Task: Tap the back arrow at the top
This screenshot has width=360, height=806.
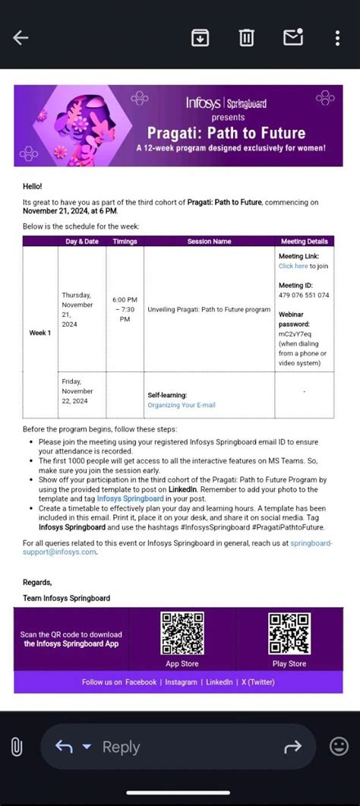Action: point(21,37)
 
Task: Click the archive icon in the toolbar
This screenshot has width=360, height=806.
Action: point(200,37)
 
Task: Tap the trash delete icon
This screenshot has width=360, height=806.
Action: point(246,37)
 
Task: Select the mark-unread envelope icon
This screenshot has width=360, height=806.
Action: point(292,36)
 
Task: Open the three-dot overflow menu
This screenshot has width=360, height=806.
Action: point(338,37)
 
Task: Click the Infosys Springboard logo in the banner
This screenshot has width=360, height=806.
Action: point(226,103)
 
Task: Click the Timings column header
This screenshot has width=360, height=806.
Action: point(125,242)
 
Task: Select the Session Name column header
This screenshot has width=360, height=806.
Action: point(209,242)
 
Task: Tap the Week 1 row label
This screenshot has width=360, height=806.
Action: point(40,333)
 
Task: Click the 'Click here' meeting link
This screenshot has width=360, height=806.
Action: point(293,267)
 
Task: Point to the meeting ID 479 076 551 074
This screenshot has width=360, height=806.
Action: point(304,295)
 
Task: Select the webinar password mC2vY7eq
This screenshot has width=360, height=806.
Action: point(295,333)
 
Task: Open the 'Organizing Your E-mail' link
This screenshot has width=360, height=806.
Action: point(182,405)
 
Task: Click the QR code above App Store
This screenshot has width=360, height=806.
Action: point(182,634)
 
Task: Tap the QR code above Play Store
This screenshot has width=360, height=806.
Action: point(289,634)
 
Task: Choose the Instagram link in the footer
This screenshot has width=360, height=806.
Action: point(182,682)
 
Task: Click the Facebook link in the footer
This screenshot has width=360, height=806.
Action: point(141,682)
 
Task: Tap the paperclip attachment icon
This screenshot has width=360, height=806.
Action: point(17,747)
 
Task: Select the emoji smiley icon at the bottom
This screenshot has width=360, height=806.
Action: point(339,747)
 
